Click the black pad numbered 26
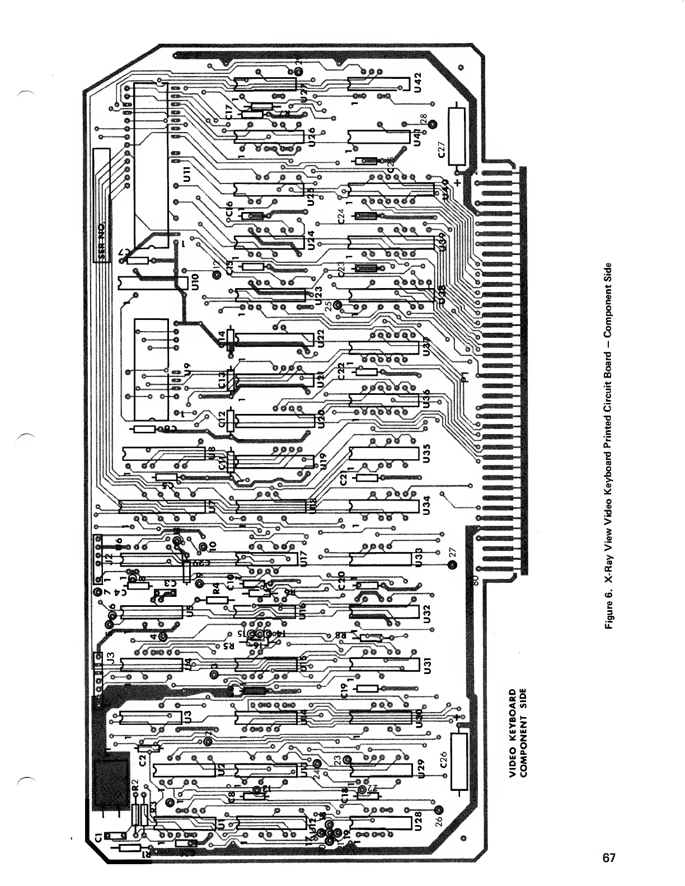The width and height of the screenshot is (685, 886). [438, 809]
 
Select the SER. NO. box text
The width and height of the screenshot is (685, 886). [101, 241]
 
